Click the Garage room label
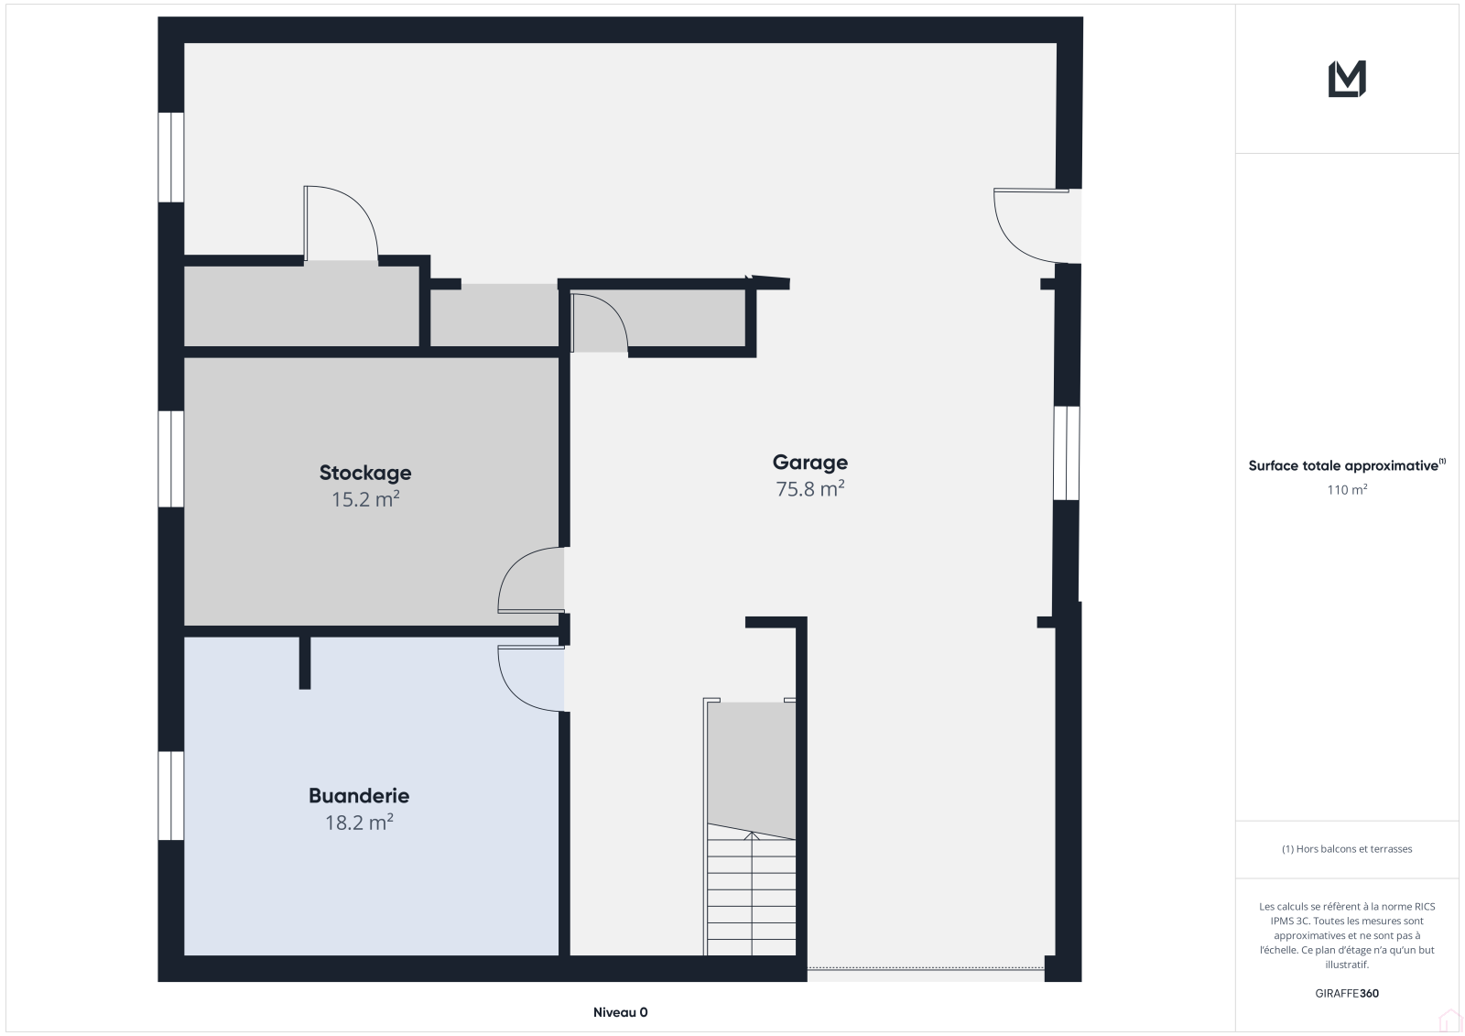click(809, 463)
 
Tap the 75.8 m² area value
click(809, 489)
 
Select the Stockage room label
click(365, 473)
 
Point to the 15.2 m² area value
click(365, 499)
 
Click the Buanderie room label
click(359, 796)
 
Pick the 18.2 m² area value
click(359, 822)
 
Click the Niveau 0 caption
click(620, 1012)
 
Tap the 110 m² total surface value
click(1347, 489)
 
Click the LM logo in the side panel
click(1347, 79)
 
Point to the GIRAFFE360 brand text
click(1347, 993)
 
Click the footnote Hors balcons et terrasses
click(1347, 849)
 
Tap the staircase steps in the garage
click(752, 893)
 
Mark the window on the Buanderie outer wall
click(171, 795)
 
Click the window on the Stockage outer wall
click(171, 458)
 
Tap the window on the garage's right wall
click(1067, 453)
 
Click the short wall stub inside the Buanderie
click(305, 662)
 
